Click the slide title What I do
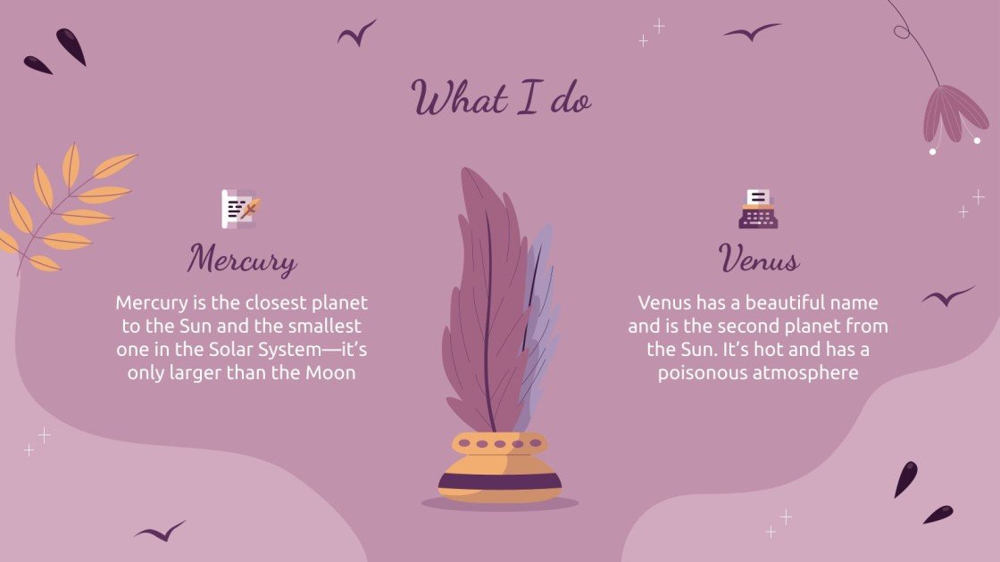pyautogui.click(x=501, y=99)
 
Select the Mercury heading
pyautogui.click(x=241, y=260)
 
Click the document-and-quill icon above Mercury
pyautogui.click(x=239, y=209)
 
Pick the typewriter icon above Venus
pyautogui.click(x=758, y=209)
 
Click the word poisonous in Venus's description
pyautogui.click(x=698, y=373)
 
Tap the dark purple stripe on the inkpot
pyautogui.click(x=500, y=483)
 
